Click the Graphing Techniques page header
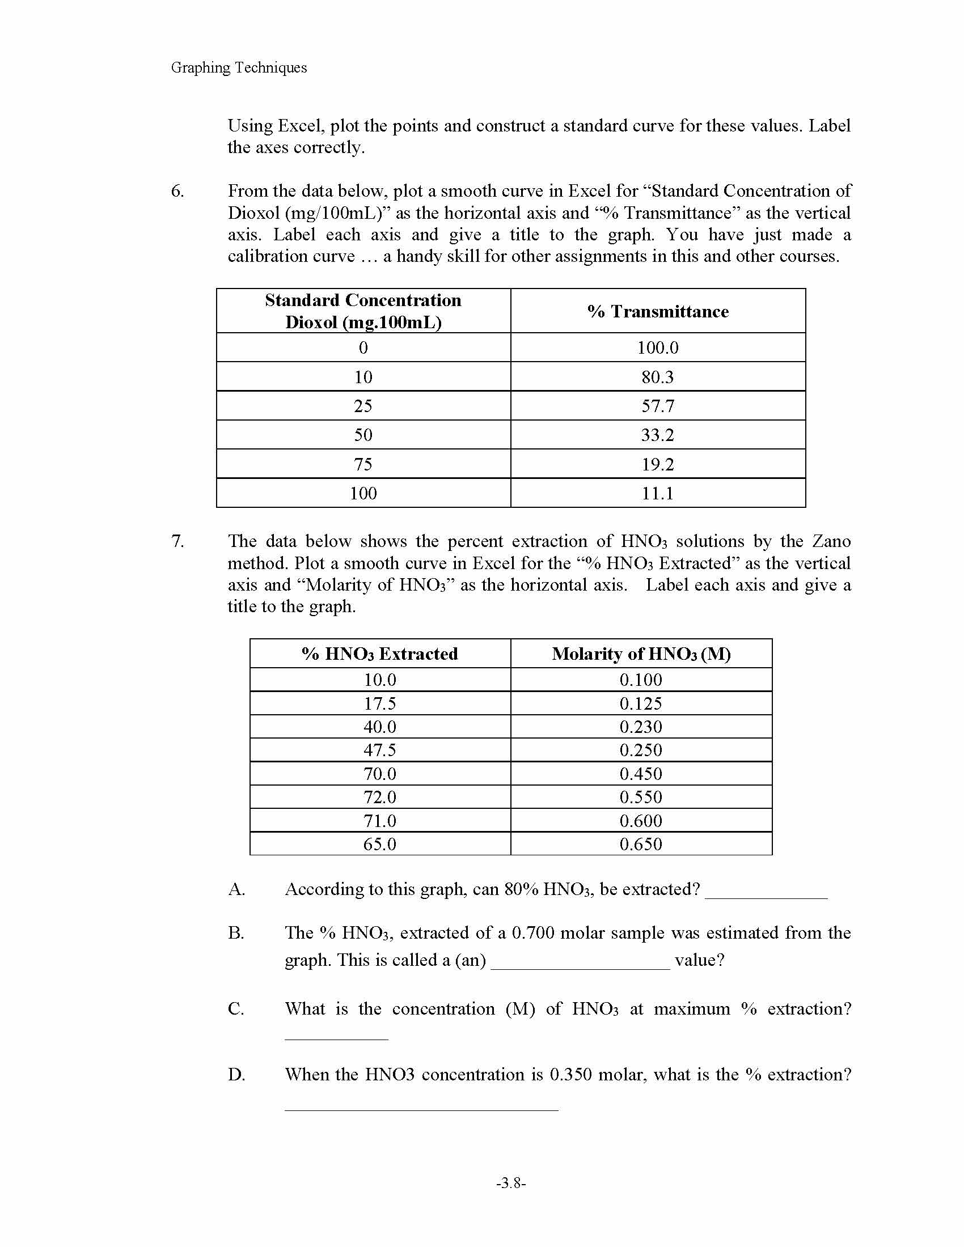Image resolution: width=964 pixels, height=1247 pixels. click(x=239, y=67)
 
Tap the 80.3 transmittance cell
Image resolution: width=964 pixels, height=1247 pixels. click(x=657, y=377)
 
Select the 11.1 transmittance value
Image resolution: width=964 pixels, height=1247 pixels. click(x=657, y=493)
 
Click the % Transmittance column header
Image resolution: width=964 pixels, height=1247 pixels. click(x=657, y=311)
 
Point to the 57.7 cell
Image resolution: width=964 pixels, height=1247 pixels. click(x=657, y=406)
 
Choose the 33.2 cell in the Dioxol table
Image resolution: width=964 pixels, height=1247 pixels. click(x=657, y=435)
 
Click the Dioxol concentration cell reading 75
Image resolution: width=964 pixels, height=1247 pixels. click(x=363, y=464)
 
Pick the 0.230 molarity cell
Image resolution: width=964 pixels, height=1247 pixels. click(x=641, y=727)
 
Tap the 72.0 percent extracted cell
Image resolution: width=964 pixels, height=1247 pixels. click(x=380, y=797)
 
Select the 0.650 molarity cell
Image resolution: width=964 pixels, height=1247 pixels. click(x=641, y=844)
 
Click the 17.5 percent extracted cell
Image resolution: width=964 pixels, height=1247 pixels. click(x=380, y=703)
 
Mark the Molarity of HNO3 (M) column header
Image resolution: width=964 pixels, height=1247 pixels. click(x=641, y=654)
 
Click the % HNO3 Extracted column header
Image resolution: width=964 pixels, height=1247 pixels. click(x=380, y=654)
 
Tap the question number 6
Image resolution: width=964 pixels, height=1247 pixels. click(x=177, y=190)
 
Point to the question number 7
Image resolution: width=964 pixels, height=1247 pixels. click(x=177, y=541)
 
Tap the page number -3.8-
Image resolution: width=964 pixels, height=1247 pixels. click(x=510, y=1183)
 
